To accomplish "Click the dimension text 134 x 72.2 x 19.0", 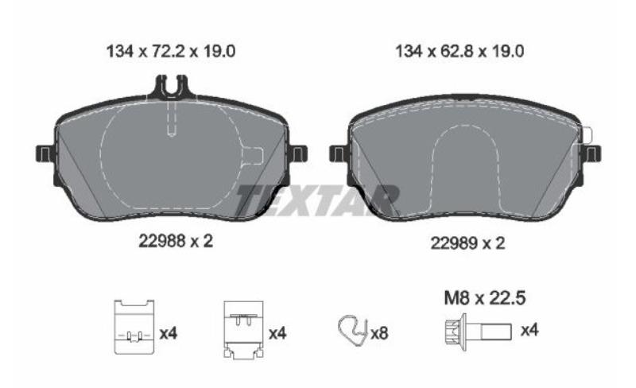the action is coord(171,52).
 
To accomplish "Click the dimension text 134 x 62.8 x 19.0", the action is coord(460,52).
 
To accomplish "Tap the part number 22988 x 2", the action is coord(176,242).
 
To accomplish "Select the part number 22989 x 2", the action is coord(467,243).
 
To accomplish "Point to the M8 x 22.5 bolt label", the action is coord(485,298).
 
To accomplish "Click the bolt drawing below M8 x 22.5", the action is coord(479,332).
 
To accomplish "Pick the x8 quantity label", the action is coord(380,334).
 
